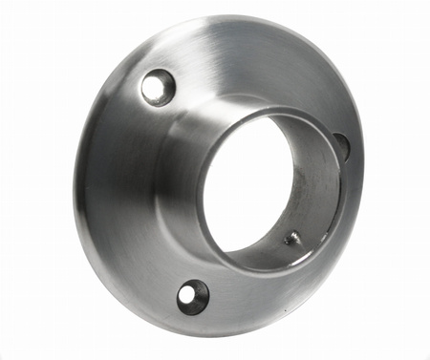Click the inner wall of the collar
point(321,191)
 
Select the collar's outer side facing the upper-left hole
point(182,143)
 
